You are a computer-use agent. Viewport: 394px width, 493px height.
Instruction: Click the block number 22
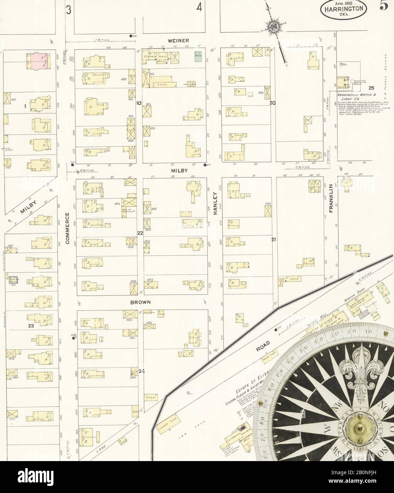pyautogui.click(x=140, y=233)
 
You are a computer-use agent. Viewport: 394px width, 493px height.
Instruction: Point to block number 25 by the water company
pyautogui.click(x=371, y=88)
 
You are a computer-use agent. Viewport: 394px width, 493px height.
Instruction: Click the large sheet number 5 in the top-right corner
pyautogui.click(x=384, y=7)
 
